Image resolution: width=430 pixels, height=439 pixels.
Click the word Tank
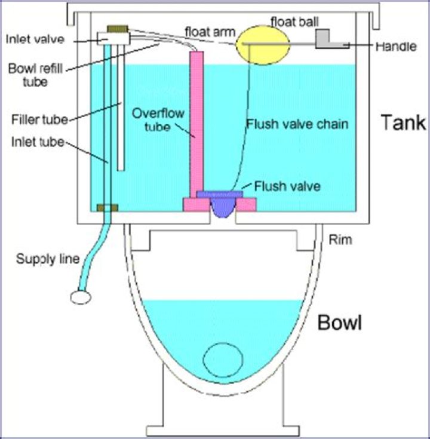(404, 123)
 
